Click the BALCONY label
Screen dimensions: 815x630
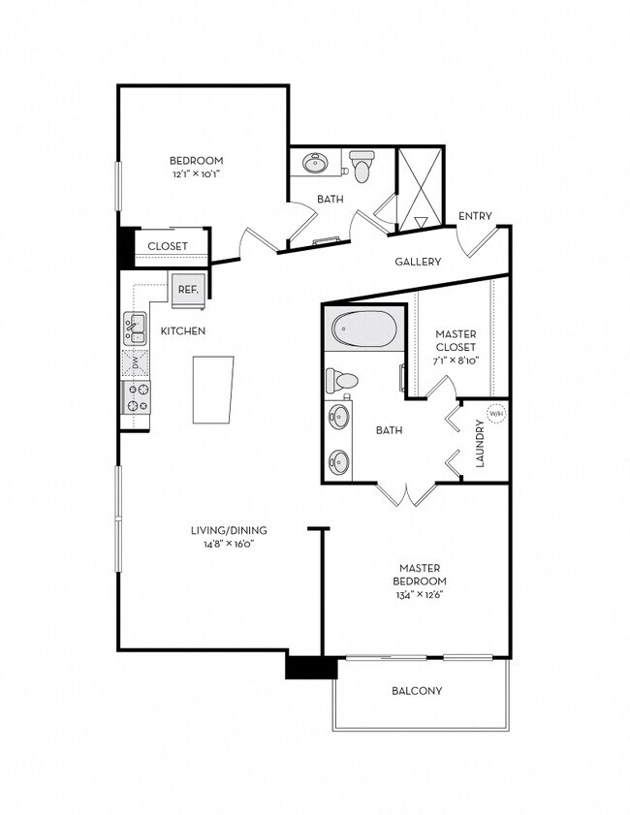(x=417, y=691)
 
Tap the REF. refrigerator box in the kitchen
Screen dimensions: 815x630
(x=187, y=289)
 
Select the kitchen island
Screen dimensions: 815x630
(x=213, y=390)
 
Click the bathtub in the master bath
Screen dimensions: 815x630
(x=363, y=329)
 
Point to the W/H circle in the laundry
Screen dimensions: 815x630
(x=495, y=414)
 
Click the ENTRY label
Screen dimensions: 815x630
(x=475, y=216)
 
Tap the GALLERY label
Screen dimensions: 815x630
(x=418, y=262)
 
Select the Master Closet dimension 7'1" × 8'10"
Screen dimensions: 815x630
(x=455, y=360)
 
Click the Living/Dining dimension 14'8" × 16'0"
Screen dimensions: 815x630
(x=230, y=545)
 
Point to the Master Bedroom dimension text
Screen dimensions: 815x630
(x=420, y=594)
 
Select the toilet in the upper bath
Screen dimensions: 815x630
(x=362, y=166)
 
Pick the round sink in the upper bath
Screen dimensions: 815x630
(x=316, y=163)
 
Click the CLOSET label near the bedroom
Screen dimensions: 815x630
(x=168, y=246)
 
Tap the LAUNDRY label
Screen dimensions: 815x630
(x=480, y=444)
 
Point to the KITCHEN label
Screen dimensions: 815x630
(x=183, y=331)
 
